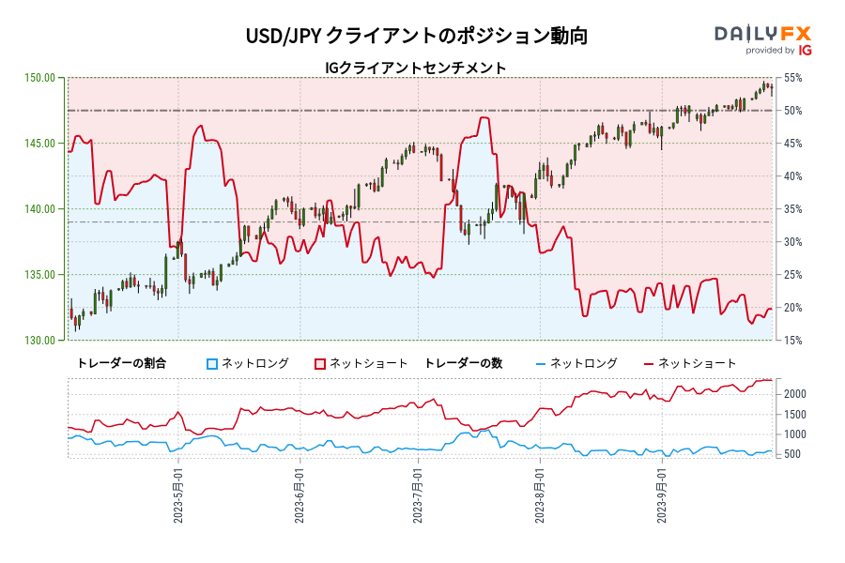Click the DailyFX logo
coord(762,38)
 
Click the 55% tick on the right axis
coord(792,78)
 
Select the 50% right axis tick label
coord(792,111)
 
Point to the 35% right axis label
coord(792,209)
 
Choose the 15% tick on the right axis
coord(792,341)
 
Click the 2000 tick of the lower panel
coord(795,394)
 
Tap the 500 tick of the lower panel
coord(792,455)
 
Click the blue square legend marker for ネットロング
coord(212,363)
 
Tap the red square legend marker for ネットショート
coord(320,363)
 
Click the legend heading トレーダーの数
coord(463,363)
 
